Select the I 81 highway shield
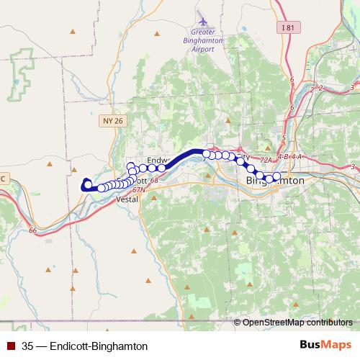point(289,27)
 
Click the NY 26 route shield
point(114,122)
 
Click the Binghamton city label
point(275,180)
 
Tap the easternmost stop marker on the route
point(276,176)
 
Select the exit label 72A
point(265,160)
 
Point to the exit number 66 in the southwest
point(33,230)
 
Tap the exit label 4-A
point(296,156)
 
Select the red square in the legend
point(12,346)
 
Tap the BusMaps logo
point(325,346)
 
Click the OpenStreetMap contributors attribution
point(297,323)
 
